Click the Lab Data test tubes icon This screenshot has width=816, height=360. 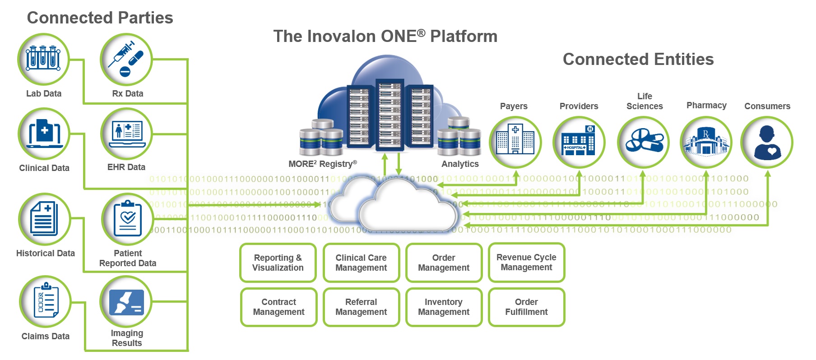43,59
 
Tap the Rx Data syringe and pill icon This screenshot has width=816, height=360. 126,59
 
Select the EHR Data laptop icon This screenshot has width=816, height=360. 127,134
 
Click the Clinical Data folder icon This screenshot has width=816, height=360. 44,134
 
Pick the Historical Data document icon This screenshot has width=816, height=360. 44,219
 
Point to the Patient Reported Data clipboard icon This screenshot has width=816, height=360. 128,219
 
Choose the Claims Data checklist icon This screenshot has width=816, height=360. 45,301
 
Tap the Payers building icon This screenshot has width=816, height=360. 515,142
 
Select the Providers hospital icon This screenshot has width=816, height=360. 579,142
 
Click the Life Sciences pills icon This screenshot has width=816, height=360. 643,142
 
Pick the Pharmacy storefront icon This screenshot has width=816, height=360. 706,142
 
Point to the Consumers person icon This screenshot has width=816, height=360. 767,142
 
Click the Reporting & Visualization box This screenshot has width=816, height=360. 278,263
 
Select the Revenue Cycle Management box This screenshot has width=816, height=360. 526,262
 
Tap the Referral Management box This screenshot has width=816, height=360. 361,307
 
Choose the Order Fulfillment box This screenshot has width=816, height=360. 526,307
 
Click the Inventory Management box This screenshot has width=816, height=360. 444,307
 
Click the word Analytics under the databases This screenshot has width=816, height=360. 460,164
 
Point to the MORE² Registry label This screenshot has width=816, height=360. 322,164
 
